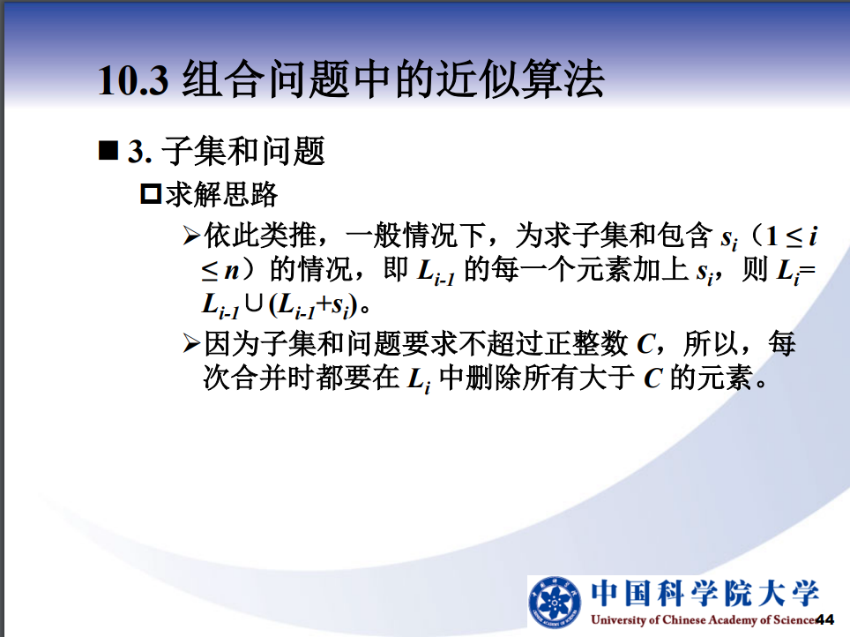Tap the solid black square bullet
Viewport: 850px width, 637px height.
[x=108, y=150]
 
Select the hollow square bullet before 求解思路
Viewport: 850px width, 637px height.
[x=151, y=194]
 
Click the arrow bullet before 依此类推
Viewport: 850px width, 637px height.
[x=192, y=236]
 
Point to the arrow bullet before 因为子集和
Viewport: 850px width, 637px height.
[x=192, y=343]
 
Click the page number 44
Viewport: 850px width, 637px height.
[x=825, y=619]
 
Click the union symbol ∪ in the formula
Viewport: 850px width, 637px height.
[x=254, y=304]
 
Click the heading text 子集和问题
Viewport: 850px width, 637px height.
[x=242, y=151]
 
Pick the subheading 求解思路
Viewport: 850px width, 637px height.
[x=221, y=194]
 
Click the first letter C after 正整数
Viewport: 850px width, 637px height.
[x=646, y=344]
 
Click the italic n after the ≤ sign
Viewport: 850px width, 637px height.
[x=232, y=271]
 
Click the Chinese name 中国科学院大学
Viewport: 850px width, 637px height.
[x=705, y=593]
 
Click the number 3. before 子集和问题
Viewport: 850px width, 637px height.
[x=140, y=152]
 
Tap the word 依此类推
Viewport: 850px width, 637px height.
[x=260, y=235]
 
